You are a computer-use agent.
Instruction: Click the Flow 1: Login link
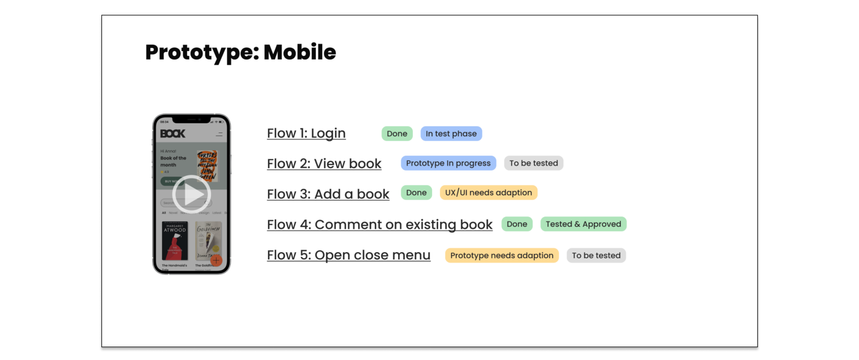(306, 133)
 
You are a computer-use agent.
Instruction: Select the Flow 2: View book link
(324, 164)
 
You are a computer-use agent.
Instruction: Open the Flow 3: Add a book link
(328, 194)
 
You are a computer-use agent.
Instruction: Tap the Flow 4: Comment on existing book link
(379, 224)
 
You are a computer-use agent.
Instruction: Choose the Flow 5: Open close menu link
(349, 255)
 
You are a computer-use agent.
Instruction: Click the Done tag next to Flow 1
(397, 134)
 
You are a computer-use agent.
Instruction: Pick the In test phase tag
(451, 134)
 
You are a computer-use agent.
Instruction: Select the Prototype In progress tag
(449, 163)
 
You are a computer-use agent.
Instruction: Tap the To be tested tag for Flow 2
(533, 163)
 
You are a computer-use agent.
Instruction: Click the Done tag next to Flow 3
(416, 193)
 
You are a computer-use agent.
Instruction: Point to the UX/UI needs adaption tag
(488, 193)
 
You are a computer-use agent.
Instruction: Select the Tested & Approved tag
(583, 224)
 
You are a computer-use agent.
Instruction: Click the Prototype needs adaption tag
(501, 255)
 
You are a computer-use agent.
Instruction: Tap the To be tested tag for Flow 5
(596, 255)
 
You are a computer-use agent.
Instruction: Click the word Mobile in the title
(299, 52)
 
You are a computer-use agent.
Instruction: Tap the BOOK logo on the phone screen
(172, 134)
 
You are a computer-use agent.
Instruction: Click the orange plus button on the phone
(216, 260)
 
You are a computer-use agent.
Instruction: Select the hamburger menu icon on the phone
(219, 134)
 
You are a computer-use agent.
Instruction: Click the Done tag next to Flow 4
(517, 224)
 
